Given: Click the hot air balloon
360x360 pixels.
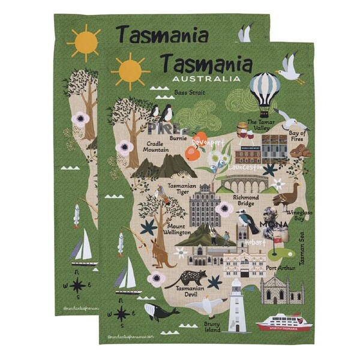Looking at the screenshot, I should pyautogui.click(x=265, y=90).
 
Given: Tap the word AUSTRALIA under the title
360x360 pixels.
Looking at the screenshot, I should pyautogui.click(x=205, y=79).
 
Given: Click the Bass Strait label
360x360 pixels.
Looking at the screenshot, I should pyautogui.click(x=188, y=92).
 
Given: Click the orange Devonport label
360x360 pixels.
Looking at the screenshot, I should pyautogui.click(x=208, y=142).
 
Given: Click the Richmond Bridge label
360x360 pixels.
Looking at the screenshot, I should pyautogui.click(x=246, y=200).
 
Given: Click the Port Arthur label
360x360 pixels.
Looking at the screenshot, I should pyautogui.click(x=280, y=268).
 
